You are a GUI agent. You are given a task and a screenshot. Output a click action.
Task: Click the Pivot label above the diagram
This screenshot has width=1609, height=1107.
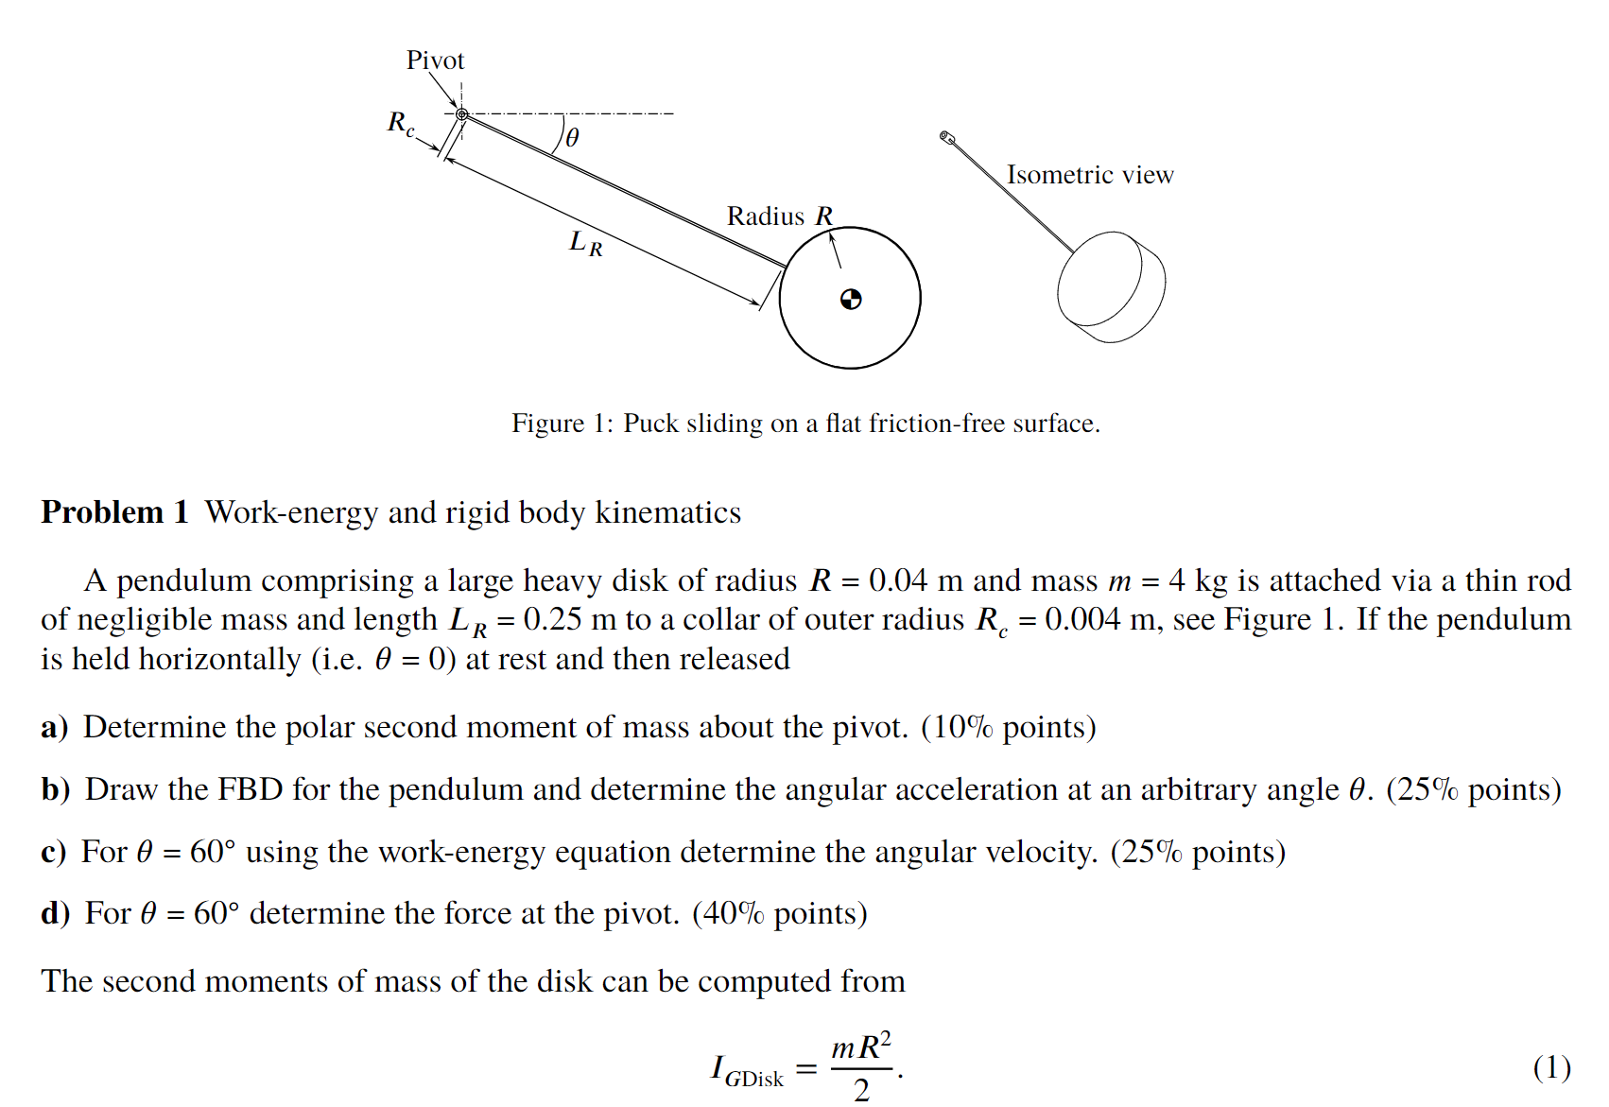435,61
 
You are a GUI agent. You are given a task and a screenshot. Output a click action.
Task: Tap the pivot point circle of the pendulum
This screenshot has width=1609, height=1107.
462,114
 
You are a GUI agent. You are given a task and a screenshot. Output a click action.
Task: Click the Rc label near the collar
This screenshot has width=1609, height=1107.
401,123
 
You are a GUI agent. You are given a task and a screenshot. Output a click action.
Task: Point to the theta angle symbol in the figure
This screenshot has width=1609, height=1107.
572,138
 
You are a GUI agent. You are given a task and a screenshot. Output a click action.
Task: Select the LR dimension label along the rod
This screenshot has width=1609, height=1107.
585,244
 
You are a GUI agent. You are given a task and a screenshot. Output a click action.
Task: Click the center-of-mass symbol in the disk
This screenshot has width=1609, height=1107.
851,300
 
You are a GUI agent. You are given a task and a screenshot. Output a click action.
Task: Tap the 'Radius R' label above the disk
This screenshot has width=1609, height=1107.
780,216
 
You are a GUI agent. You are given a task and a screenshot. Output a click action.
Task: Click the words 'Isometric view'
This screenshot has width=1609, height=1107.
1089,175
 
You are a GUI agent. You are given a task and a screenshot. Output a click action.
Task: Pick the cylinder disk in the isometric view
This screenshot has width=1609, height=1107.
1111,286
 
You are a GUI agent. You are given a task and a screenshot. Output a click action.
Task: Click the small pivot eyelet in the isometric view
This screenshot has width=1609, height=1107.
946,137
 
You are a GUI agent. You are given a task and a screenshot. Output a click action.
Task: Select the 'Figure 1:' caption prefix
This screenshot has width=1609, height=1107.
562,424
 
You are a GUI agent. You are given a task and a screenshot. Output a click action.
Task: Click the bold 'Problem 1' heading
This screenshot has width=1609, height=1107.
115,512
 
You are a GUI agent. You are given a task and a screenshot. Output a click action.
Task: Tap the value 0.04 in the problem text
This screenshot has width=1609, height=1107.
898,580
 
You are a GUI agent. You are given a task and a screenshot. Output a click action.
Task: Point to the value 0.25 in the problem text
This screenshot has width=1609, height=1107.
552,620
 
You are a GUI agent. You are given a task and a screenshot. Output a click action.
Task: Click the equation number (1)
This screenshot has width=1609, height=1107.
1551,1068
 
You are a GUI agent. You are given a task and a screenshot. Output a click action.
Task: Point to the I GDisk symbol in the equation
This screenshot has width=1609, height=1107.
747,1072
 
